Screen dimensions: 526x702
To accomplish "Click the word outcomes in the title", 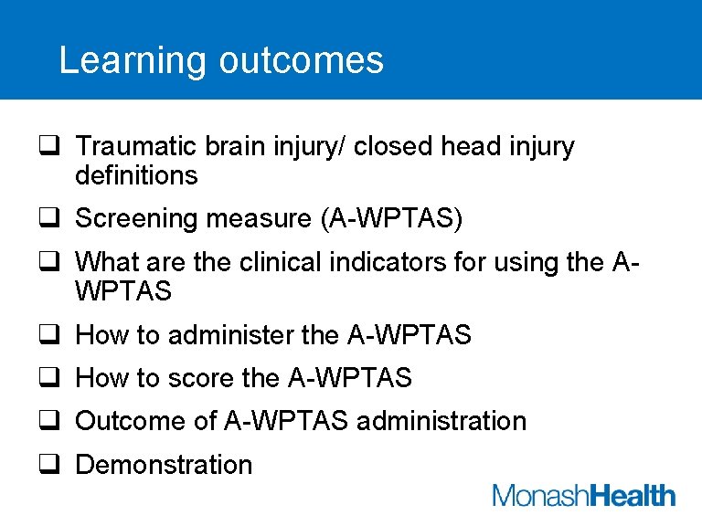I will pos(302,61).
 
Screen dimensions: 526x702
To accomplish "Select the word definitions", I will pos(136,175).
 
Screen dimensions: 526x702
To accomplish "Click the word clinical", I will pos(288,263).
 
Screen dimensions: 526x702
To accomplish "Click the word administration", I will pos(441,422).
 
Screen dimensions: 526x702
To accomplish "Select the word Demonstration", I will pos(164,465).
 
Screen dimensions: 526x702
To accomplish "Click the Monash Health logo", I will pos(584,496).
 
